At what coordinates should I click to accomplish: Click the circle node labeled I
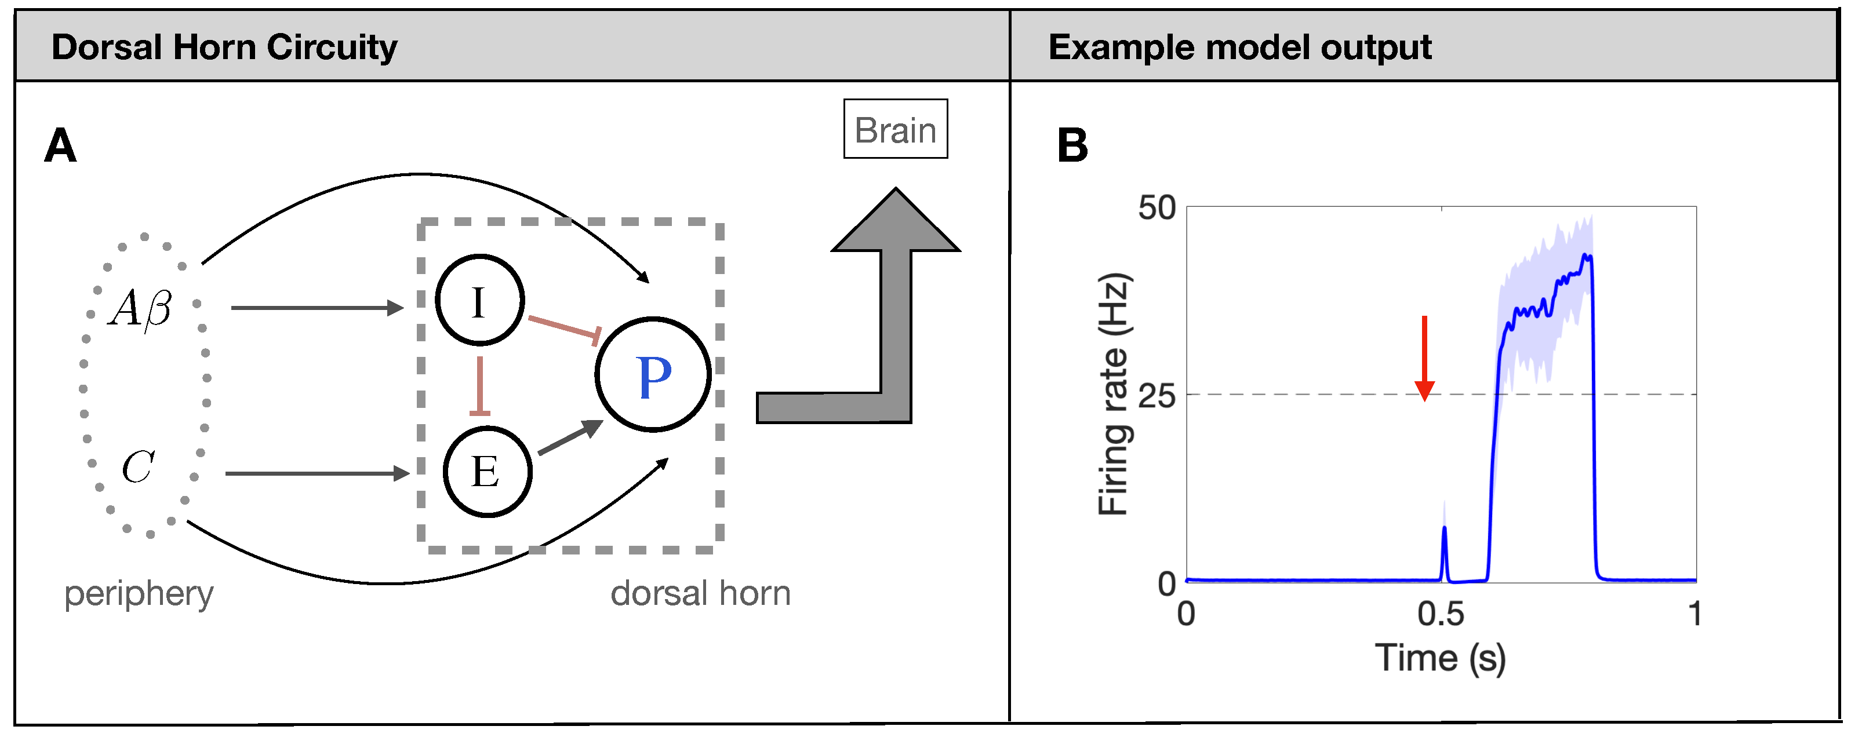coord(479,300)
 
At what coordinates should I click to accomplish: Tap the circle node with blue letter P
coord(652,374)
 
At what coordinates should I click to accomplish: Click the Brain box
coord(894,129)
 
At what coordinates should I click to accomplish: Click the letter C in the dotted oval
coord(137,467)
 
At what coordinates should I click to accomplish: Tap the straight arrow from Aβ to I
coord(316,308)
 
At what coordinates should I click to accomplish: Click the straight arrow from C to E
coord(316,473)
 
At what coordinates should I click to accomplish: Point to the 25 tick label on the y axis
coord(1156,396)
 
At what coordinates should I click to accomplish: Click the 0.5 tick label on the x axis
coord(1440,614)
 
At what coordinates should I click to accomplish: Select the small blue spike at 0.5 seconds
coord(1444,553)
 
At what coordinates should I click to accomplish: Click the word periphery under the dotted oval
coord(139,594)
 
